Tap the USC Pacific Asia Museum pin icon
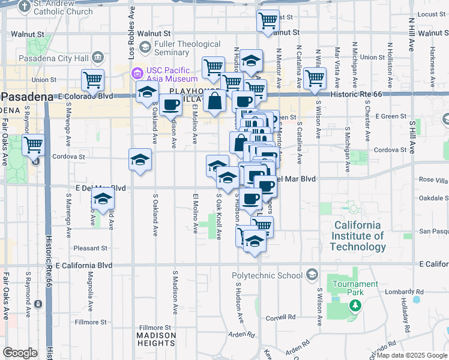137,74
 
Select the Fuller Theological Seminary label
187,49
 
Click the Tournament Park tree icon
355,305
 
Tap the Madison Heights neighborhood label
155,339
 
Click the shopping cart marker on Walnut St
268,20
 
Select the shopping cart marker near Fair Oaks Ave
33,145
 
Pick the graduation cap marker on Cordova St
140,160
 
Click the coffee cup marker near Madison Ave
170,105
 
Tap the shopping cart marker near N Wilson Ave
315,78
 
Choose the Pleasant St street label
90,248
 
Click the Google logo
20,353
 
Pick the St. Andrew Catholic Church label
63,8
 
